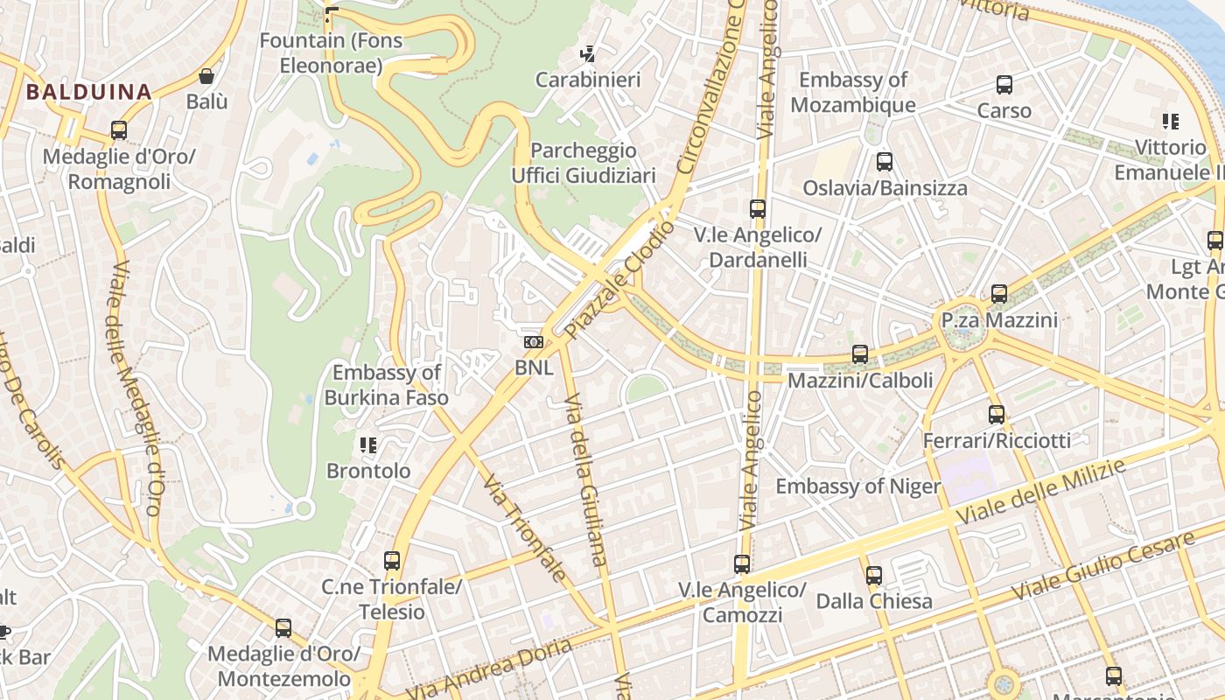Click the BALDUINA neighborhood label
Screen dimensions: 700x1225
click(88, 91)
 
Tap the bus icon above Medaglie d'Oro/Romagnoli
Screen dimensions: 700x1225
click(119, 130)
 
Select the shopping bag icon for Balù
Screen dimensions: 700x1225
click(206, 76)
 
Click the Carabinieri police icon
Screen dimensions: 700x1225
click(588, 53)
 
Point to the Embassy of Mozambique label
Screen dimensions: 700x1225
click(853, 92)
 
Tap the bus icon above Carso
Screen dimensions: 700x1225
click(1004, 85)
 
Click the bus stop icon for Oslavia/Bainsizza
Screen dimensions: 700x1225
click(885, 162)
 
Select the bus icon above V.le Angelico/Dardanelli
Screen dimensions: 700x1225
click(758, 209)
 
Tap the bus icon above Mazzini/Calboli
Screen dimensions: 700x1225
click(860, 354)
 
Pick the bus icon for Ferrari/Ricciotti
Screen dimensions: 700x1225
click(997, 415)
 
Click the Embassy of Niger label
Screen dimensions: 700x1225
click(857, 486)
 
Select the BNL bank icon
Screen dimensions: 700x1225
click(534, 342)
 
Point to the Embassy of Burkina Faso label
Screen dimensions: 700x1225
click(386, 385)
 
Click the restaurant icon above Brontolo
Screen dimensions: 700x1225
click(368, 445)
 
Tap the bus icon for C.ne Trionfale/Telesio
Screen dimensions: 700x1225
click(392, 561)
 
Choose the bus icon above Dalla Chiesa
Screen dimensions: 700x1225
click(873, 576)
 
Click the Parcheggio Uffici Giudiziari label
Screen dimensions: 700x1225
click(584, 163)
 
